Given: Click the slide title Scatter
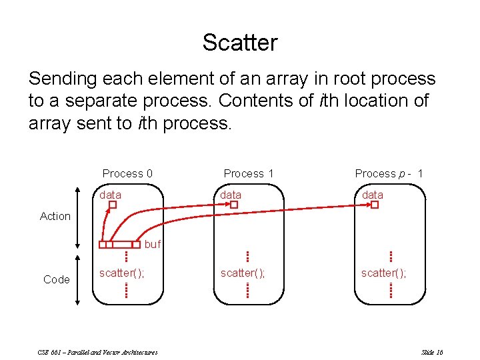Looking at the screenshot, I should pyautogui.click(x=240, y=43).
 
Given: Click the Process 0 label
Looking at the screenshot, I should pyautogui.click(x=127, y=173).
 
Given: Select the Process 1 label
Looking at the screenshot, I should pyautogui.click(x=249, y=173).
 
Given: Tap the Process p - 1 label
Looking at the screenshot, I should pyautogui.click(x=389, y=173).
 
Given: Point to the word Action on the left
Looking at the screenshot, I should pyautogui.click(x=55, y=216).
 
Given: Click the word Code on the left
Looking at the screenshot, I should pyautogui.click(x=56, y=279).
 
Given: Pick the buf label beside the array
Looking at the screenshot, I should pyautogui.click(x=153, y=245).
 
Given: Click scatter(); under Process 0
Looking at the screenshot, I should pyautogui.click(x=121, y=273).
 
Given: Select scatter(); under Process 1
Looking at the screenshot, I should pyautogui.click(x=243, y=273).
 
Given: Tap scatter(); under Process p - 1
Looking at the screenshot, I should pyautogui.click(x=383, y=273).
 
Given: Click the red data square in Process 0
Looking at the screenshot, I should pyautogui.click(x=113, y=205).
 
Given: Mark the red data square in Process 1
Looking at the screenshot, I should pyautogui.click(x=234, y=205).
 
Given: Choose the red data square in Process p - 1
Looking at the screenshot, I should pyautogui.click(x=375, y=205).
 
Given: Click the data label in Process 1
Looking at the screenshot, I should pyautogui.click(x=231, y=195).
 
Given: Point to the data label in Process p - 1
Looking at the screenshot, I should pyautogui.click(x=372, y=195).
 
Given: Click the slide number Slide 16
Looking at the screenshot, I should pyautogui.click(x=433, y=352).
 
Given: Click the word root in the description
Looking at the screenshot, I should pyautogui.click(x=340, y=79).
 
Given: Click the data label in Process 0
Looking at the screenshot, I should pyautogui.click(x=110, y=195).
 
